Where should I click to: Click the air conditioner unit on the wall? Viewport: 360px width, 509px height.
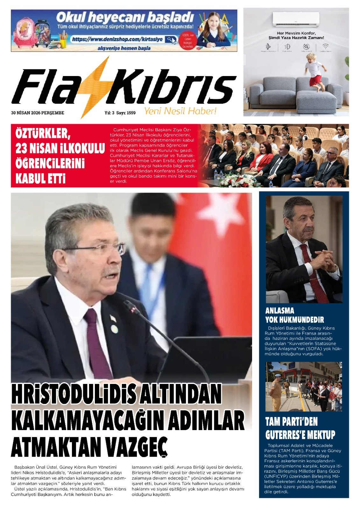coord(296,20)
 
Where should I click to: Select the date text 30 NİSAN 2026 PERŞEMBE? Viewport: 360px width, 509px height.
coord(38,113)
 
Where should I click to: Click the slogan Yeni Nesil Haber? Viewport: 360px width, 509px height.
coord(180,111)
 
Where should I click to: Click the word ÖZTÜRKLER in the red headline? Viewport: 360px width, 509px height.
coord(42,133)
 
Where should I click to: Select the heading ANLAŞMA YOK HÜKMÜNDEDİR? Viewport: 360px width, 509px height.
coord(294,315)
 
